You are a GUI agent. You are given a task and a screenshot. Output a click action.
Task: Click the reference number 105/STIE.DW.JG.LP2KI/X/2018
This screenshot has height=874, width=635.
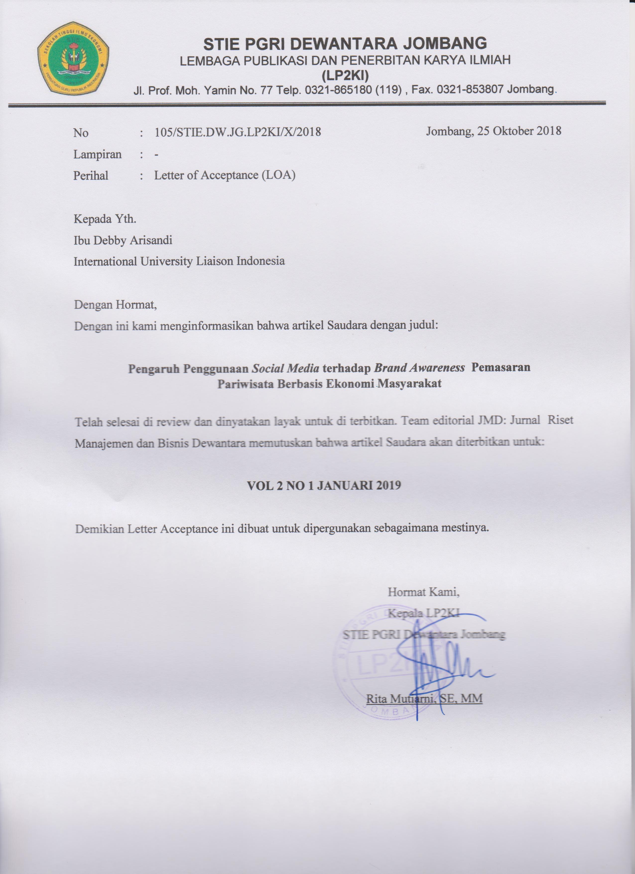238,132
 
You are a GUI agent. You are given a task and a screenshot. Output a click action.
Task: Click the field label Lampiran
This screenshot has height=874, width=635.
97,155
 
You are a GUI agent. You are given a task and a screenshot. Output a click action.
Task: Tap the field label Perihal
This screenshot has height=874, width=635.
91,176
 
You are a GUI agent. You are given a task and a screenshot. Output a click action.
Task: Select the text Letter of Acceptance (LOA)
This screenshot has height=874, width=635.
225,175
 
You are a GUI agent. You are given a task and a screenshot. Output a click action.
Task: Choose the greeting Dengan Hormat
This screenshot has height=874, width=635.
115,305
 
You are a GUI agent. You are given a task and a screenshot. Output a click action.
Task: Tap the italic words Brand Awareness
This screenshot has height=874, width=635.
419,368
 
